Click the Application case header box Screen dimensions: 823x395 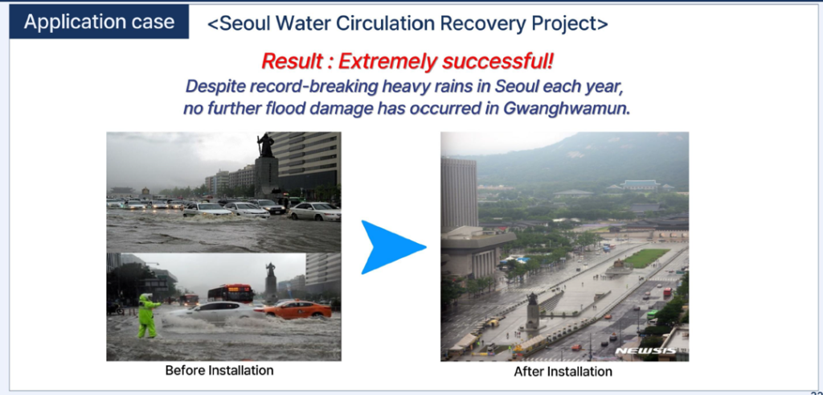click(x=99, y=22)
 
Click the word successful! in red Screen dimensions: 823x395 click(x=497, y=61)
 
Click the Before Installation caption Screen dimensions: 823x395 click(x=219, y=370)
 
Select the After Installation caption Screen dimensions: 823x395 click(x=563, y=372)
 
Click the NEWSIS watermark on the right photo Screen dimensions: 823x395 click(x=645, y=351)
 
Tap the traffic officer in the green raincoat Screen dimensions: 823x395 click(x=146, y=315)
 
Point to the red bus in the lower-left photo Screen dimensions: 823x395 click(x=231, y=293)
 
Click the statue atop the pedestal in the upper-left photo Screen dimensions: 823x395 click(x=267, y=145)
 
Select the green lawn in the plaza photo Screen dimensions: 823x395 click(x=647, y=257)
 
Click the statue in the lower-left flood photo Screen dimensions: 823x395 click(x=270, y=270)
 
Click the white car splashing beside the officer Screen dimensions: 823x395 click(x=217, y=312)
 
